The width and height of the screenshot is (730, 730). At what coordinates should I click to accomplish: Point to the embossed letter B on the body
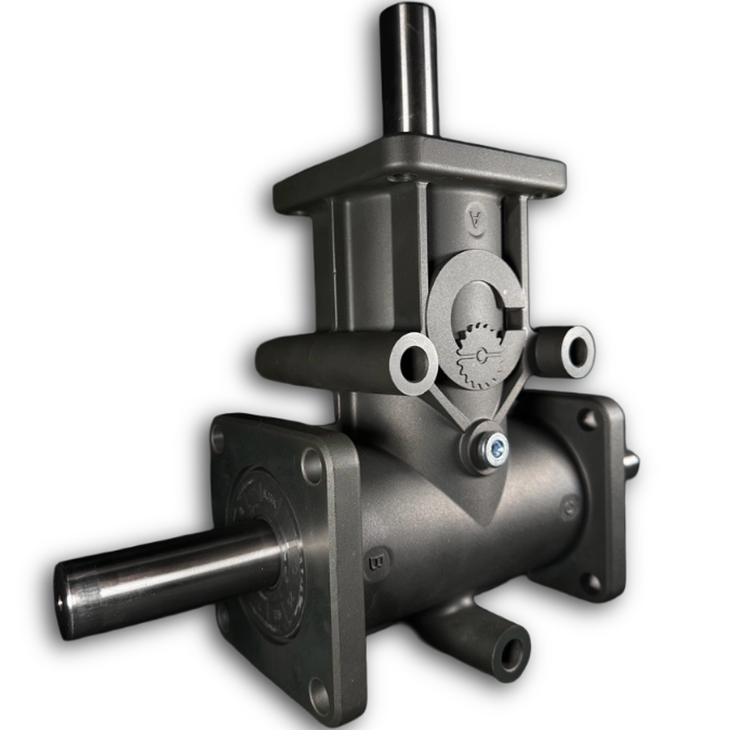[x=378, y=562]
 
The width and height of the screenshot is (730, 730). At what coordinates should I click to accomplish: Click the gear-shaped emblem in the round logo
[x=478, y=356]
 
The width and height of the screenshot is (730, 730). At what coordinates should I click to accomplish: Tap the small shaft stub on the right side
[x=631, y=461]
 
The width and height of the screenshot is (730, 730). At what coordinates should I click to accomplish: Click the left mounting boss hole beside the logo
[x=415, y=362]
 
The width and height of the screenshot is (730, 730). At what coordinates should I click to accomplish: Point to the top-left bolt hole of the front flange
[x=218, y=438]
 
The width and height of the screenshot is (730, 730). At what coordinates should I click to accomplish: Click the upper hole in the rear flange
[x=588, y=419]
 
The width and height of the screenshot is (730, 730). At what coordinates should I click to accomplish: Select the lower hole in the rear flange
[x=593, y=582]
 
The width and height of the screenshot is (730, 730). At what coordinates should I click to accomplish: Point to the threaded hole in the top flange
[x=398, y=177]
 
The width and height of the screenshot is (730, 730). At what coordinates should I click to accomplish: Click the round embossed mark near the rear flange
[x=569, y=507]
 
